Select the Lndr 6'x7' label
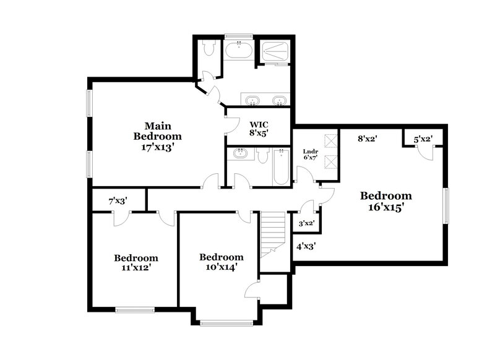pos(311,154)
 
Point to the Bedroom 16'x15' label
pos(385,202)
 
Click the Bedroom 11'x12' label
pos(136,263)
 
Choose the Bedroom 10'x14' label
pos(221,262)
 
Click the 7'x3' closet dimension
pos(119,201)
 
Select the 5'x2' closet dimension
pos(423,140)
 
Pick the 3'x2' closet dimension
pos(307,223)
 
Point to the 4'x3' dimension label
pos(306,246)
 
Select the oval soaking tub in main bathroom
pos(238,50)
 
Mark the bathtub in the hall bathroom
pos(280,167)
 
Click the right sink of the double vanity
pos(280,101)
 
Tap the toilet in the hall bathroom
pos(262,158)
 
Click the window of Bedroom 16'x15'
pos(445,206)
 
